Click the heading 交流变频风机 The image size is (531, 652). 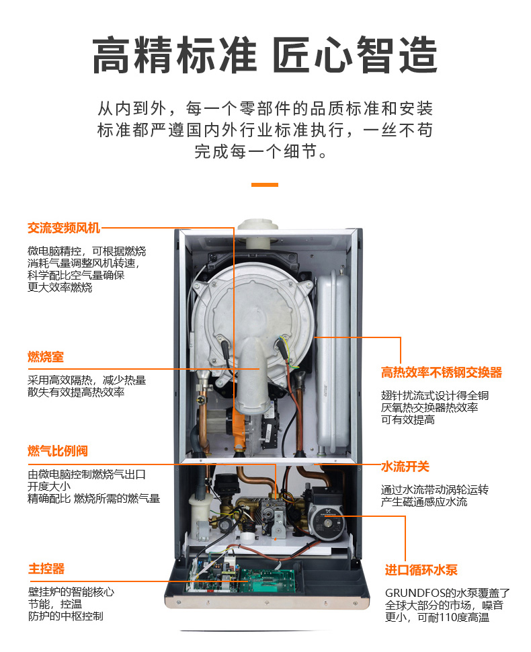64,228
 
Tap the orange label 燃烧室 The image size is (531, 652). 45,357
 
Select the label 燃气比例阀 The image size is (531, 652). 57,451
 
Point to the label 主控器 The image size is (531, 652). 46,569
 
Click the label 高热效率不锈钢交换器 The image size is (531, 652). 442,372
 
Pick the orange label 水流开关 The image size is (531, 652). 405,466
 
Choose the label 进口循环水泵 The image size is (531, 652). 421,570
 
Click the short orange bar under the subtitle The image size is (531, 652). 265,185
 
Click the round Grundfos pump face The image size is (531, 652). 327,522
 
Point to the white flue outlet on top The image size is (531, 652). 258,232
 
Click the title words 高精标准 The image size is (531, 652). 175,55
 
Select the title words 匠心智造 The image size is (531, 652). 355,55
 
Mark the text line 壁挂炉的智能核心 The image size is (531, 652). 71,592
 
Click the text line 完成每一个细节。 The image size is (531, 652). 261,151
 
